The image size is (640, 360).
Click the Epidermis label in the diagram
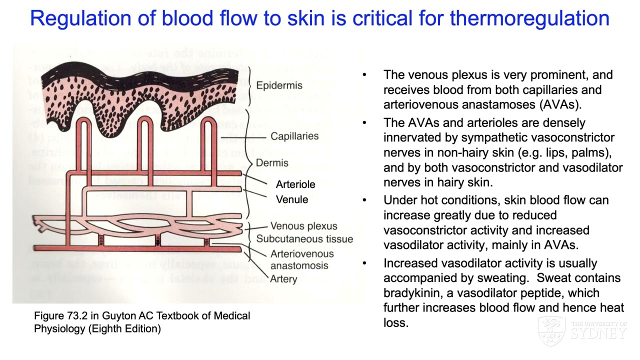tap(279, 85)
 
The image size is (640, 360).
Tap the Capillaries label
tap(294, 136)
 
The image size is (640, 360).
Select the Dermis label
tap(272, 163)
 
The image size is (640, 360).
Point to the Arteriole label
tap(295, 184)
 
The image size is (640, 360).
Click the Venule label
tap(292, 199)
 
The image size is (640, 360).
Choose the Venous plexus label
tap(303, 226)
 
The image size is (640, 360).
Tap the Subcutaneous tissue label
tap(304, 239)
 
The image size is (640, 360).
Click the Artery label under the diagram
tap(283, 279)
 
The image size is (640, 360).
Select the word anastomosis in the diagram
tap(299, 265)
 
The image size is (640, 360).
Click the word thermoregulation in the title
tap(529, 18)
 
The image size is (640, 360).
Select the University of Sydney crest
tap(551, 330)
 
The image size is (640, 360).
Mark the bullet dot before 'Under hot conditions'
tap(364, 200)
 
